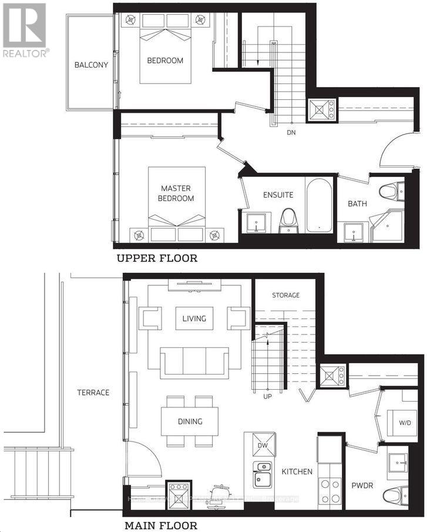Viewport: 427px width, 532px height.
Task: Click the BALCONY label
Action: tap(91, 65)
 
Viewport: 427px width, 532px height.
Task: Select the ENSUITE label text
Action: tap(278, 195)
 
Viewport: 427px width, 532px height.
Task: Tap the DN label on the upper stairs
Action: tap(291, 132)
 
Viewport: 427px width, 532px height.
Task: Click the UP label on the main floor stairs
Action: tap(268, 396)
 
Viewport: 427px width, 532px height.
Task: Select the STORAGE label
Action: tap(285, 295)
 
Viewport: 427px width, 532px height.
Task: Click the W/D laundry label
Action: tap(405, 423)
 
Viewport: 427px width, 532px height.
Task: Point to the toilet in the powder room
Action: tap(393, 494)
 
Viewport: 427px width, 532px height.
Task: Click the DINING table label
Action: tap(190, 421)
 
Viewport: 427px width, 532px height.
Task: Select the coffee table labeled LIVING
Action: tap(194, 319)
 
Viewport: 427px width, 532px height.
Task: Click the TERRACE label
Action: tap(93, 392)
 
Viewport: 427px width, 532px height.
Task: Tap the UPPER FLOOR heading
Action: tap(156, 258)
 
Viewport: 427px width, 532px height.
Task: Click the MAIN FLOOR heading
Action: tap(160, 525)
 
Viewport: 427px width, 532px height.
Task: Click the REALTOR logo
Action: tap(25, 29)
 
